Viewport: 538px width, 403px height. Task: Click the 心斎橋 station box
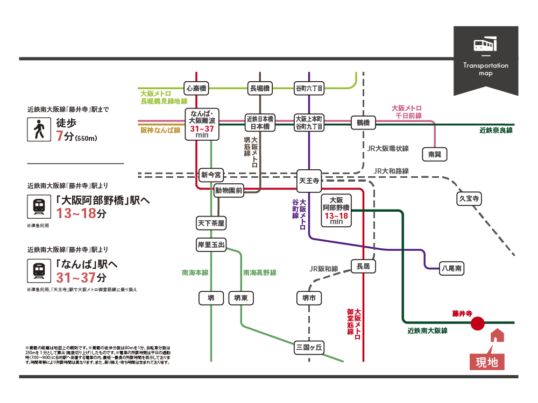(196, 88)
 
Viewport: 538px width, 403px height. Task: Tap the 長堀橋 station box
(260, 88)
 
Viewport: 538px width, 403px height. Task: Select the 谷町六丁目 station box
(309, 88)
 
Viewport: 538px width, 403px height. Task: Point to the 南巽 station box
(434, 154)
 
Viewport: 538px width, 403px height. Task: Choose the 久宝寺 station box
(469, 199)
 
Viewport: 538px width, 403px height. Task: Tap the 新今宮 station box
(211, 175)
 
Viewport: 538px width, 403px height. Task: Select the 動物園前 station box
(229, 190)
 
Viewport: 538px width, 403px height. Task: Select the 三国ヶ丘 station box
(309, 348)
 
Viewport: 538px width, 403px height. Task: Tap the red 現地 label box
(487, 362)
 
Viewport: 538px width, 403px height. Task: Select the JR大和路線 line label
(391, 171)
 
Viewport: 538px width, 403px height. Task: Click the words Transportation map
(485, 69)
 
